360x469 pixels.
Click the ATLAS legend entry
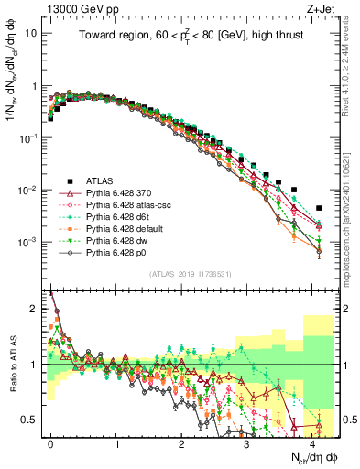(x=96, y=180)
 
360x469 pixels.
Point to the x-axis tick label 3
(x=246, y=442)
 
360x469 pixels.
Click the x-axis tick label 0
(x=51, y=442)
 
